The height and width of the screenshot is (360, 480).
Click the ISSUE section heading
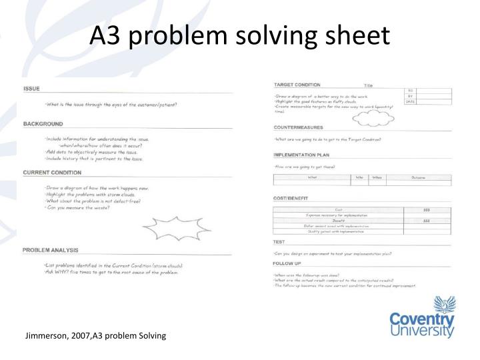(31, 89)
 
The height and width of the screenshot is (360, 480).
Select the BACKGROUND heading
(43, 124)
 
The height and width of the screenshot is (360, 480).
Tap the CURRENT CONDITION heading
(51, 173)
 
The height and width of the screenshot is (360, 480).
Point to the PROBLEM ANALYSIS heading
(51, 250)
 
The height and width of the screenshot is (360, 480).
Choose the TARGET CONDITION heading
(297, 85)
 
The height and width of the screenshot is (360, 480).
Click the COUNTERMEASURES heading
(299, 127)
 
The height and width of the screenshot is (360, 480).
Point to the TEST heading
(279, 241)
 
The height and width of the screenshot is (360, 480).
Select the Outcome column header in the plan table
(418, 177)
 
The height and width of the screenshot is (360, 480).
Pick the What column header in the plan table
(312, 177)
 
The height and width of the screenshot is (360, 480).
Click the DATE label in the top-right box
(410, 101)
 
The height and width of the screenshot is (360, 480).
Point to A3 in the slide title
(105, 36)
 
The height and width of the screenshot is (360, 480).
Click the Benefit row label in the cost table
(339, 221)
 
